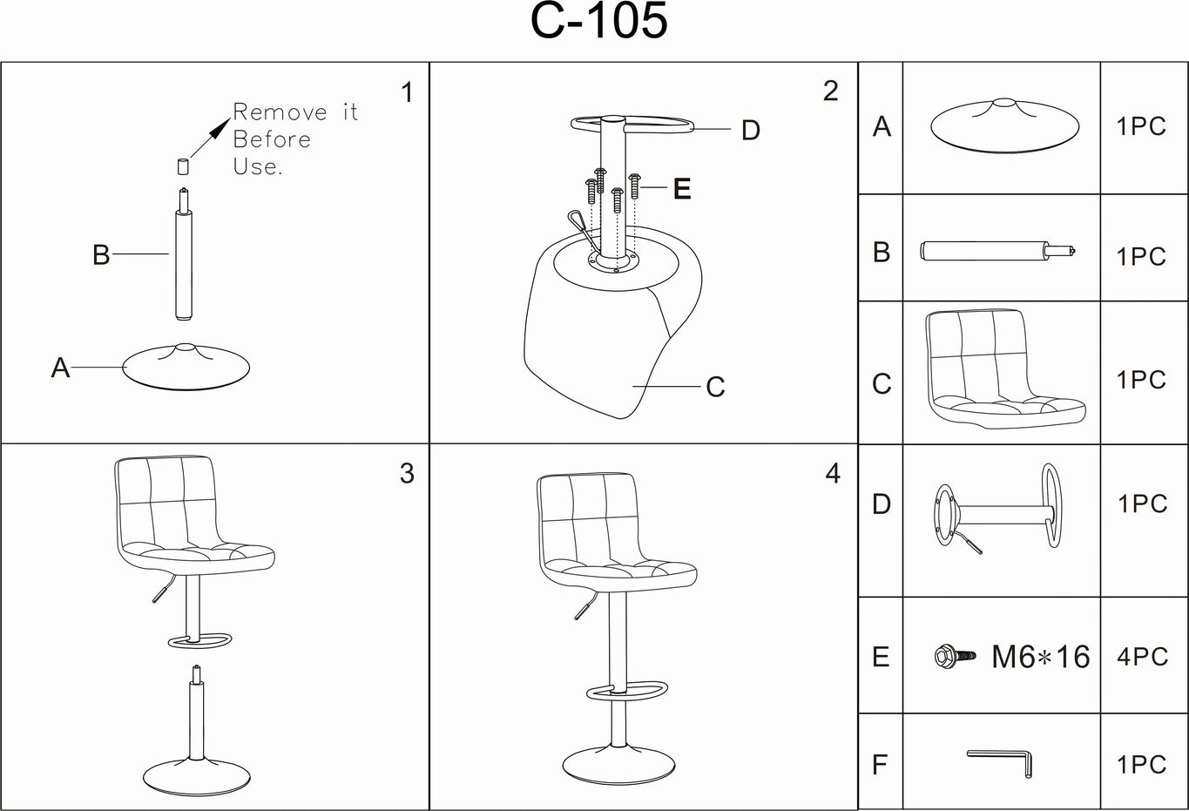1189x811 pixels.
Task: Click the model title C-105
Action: pos(598,23)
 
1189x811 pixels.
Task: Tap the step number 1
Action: pos(407,92)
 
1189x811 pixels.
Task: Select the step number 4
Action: pos(833,473)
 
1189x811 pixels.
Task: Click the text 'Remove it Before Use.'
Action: pos(294,139)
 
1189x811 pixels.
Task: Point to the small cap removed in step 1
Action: pos(183,166)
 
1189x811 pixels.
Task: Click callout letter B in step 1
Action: pos(101,254)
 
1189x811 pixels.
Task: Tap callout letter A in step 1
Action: pos(60,368)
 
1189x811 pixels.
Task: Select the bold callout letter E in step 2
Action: pos(682,189)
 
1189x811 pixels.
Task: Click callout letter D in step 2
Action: pos(750,131)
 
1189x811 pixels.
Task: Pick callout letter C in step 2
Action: pos(715,387)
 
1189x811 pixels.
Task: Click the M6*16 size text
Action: pos(1040,657)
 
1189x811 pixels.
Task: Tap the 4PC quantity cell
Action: pos(1142,656)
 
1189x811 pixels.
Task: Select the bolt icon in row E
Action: pos(949,656)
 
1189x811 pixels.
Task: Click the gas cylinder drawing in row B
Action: pos(997,252)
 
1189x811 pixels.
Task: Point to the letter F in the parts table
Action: pos(880,765)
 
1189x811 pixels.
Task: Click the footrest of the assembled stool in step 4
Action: pos(626,691)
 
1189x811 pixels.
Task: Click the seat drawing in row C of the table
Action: pos(1002,370)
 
